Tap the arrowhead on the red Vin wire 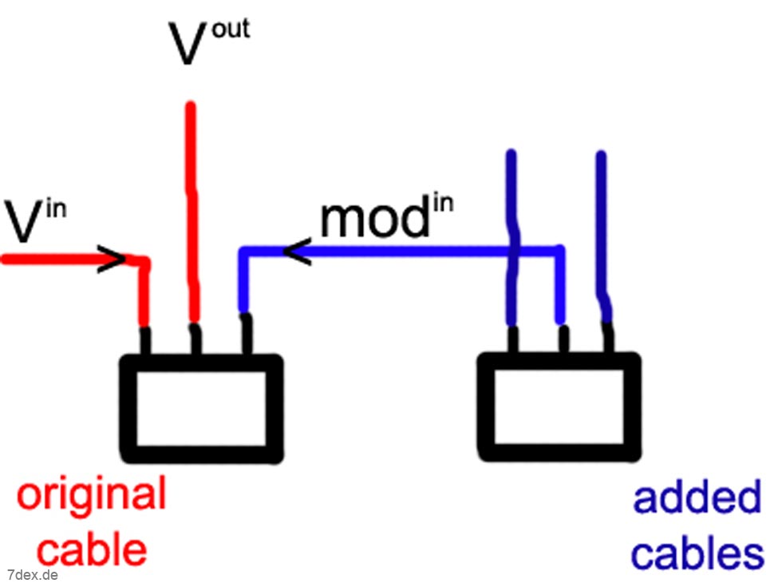(x=114, y=260)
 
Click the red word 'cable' (x=93, y=549)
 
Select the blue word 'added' (x=697, y=499)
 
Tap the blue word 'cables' (x=697, y=553)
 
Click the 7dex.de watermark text (x=33, y=574)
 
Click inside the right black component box (x=559, y=408)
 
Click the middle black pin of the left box (x=194, y=339)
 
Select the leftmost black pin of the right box (x=513, y=339)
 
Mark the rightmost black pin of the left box (x=245, y=335)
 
